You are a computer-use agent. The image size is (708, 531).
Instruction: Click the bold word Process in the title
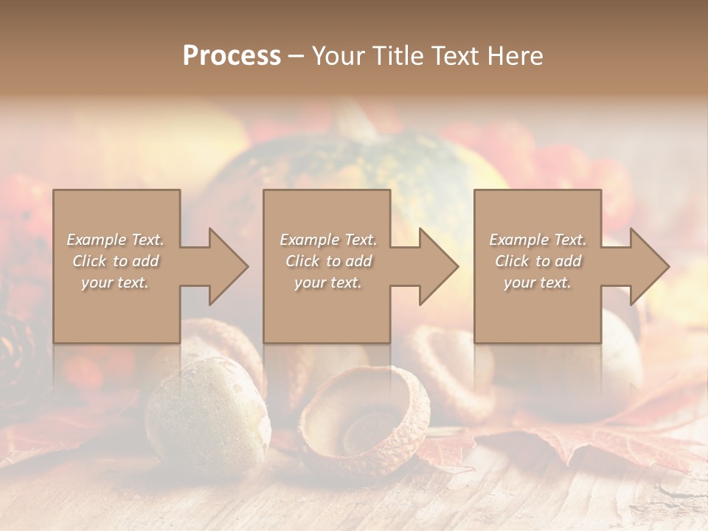pos(232,56)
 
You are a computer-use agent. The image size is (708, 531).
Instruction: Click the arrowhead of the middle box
pos(437,266)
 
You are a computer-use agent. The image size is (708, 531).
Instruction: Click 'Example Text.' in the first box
pos(115,240)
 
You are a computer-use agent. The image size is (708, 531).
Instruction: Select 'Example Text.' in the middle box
pos(327,240)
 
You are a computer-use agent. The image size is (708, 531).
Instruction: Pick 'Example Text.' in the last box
pos(538,240)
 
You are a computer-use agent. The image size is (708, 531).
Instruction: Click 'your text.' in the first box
pos(115,282)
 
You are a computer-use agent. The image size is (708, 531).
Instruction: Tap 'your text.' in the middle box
pos(327,282)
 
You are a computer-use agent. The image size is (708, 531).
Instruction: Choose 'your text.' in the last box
pos(538,282)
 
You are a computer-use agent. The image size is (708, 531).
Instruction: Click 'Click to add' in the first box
pos(115,261)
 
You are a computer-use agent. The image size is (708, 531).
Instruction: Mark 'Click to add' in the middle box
pos(327,261)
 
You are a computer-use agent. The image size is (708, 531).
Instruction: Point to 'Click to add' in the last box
pos(538,261)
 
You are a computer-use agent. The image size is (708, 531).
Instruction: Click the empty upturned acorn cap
pos(365,420)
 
